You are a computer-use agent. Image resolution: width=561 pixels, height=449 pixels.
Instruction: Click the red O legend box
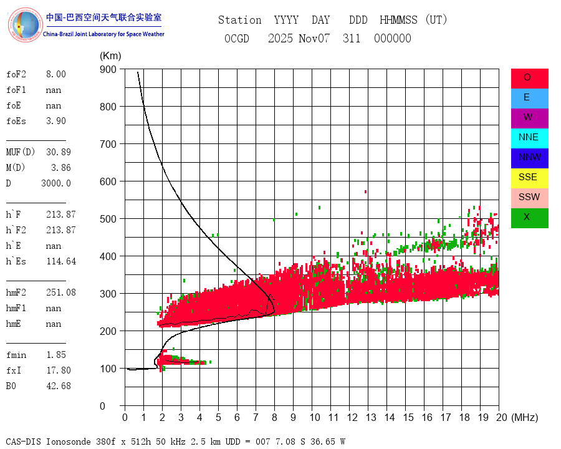(x=529, y=78)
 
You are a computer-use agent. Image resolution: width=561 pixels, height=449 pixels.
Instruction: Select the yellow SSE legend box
(x=529, y=178)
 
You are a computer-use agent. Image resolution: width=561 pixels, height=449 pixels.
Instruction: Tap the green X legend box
(x=529, y=218)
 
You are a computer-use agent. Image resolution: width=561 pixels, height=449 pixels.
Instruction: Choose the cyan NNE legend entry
(x=529, y=138)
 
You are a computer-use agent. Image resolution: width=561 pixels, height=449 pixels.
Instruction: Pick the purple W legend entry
(x=529, y=118)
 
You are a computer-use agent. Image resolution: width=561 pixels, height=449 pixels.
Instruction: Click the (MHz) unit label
(x=524, y=417)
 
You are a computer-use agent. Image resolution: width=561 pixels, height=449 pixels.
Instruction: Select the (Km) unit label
(x=110, y=56)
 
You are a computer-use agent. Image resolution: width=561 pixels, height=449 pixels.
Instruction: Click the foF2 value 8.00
(x=55, y=74)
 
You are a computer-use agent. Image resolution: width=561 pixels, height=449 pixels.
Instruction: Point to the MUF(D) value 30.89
(x=59, y=152)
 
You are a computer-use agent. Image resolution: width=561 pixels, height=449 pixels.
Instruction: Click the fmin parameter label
(x=16, y=355)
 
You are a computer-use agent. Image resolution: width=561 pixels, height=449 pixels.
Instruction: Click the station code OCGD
(x=237, y=39)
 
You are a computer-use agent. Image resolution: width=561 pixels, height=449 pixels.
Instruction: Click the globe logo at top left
(x=26, y=25)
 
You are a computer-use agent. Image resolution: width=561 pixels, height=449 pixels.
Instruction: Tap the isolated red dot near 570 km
(x=366, y=191)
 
